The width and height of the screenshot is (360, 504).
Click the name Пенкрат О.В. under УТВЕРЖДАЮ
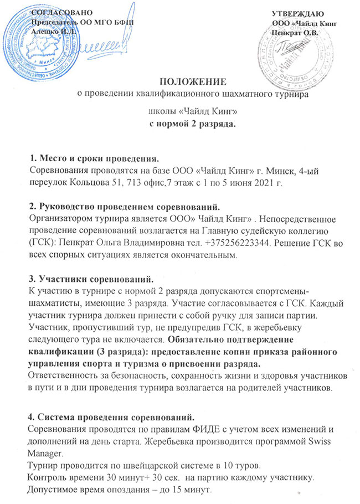click(x=295, y=32)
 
